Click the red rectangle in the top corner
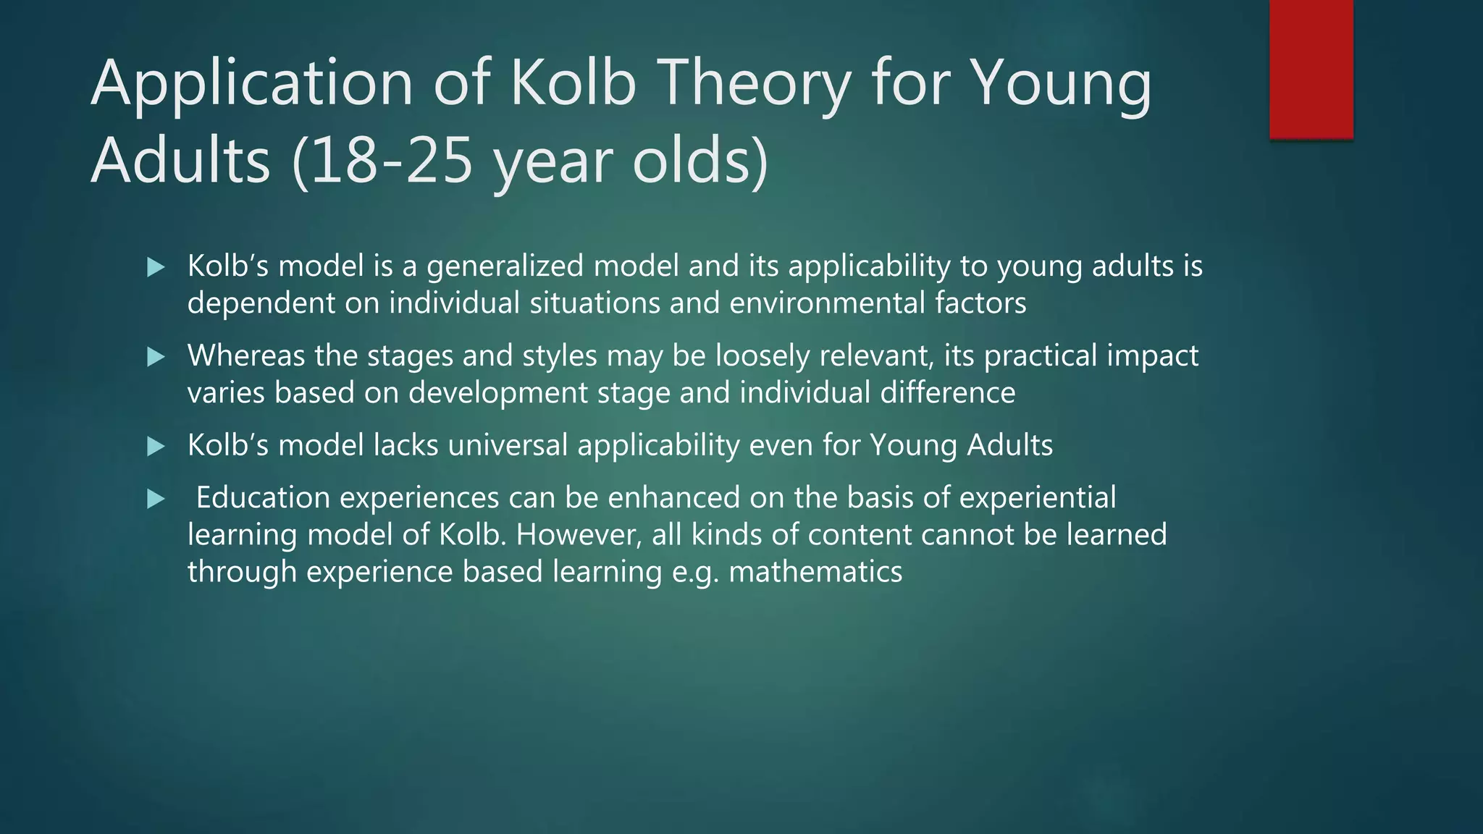click(x=1311, y=69)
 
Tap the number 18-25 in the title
click(x=384, y=161)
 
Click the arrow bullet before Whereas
click(x=156, y=357)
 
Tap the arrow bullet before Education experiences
click(x=156, y=499)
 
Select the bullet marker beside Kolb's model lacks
click(x=156, y=446)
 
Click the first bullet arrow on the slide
click(x=156, y=268)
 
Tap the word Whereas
click(x=246, y=356)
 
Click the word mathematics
click(x=815, y=572)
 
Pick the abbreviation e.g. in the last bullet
click(x=695, y=572)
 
